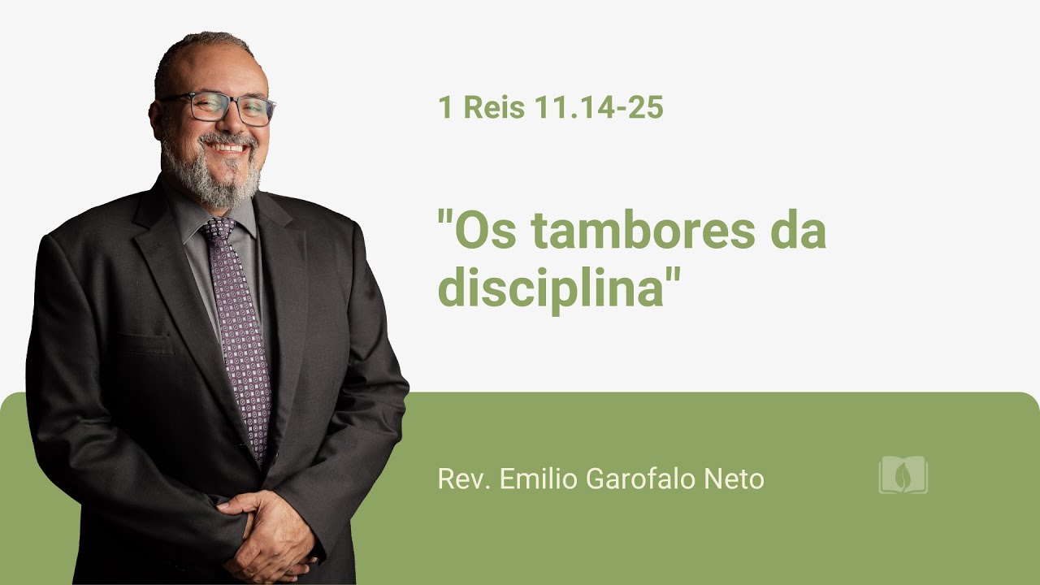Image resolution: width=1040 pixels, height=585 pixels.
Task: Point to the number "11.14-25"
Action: click(x=599, y=107)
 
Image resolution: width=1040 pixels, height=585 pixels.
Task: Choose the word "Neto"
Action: click(x=736, y=479)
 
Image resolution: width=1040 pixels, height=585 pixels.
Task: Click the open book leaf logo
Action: click(x=903, y=475)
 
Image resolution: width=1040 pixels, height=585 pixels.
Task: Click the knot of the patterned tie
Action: click(x=218, y=230)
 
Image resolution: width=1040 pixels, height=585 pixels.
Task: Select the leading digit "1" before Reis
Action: click(x=444, y=107)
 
